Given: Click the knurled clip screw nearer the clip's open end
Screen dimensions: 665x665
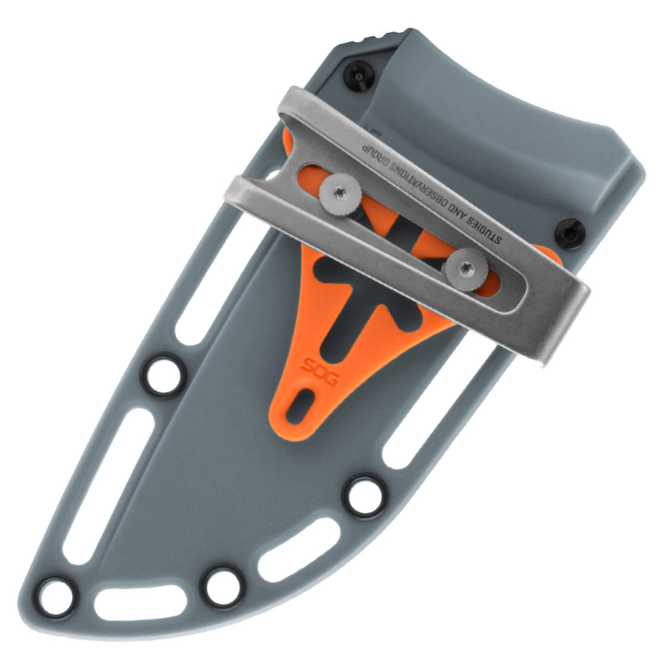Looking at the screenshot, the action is point(340,195).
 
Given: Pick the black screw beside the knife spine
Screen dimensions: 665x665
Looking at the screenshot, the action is point(360,76).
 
